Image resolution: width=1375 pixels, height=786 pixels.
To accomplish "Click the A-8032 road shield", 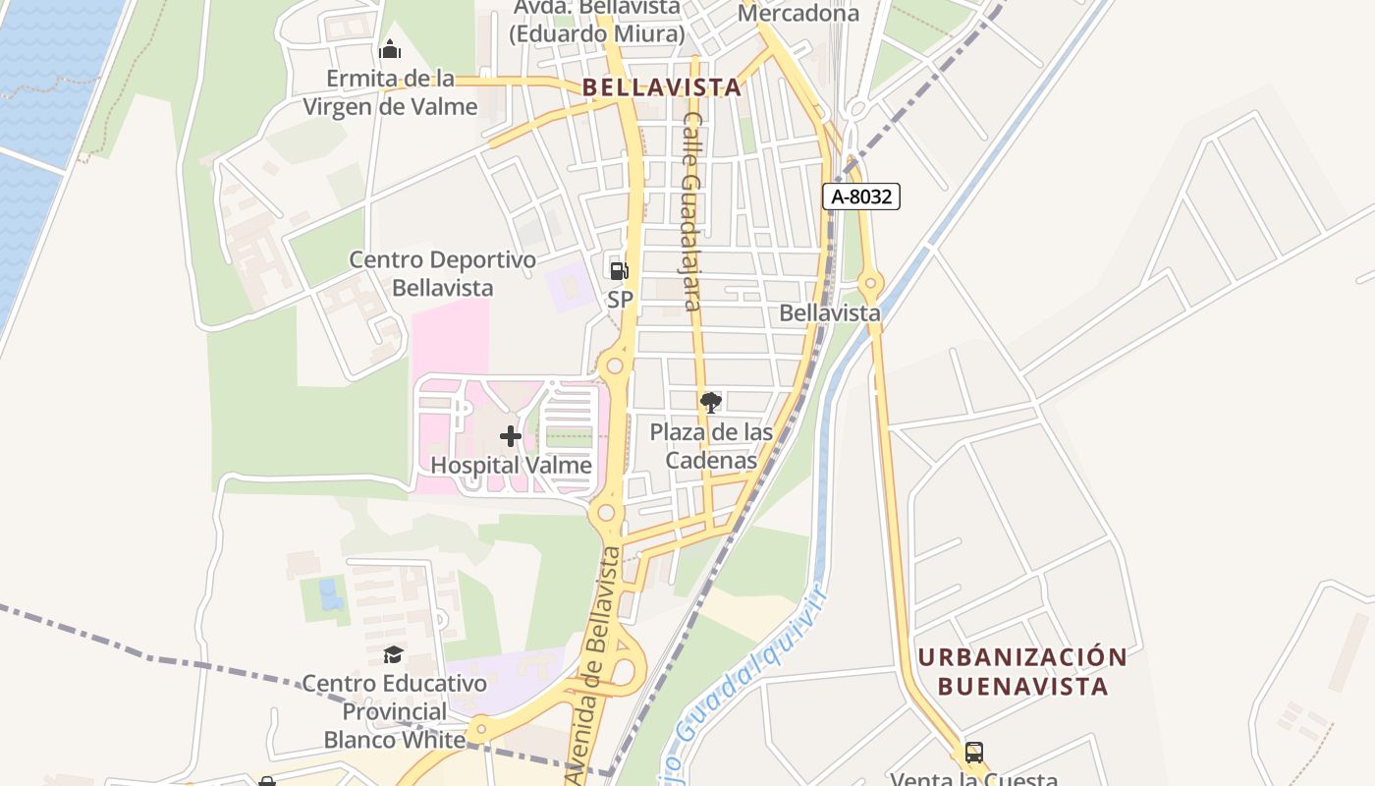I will (x=861, y=196).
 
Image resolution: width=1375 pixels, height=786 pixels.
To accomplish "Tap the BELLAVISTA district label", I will (x=662, y=87).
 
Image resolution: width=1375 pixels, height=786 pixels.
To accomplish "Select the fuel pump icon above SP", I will (x=619, y=270).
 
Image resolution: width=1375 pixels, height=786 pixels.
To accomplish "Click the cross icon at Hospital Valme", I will (x=511, y=435).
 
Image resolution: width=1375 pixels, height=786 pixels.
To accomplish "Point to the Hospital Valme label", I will (x=512, y=465).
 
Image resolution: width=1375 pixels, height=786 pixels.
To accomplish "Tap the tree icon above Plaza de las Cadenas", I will (x=711, y=402).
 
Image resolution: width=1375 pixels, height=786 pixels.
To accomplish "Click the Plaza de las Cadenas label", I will (x=712, y=446).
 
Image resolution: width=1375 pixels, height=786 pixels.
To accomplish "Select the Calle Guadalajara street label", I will (x=692, y=211).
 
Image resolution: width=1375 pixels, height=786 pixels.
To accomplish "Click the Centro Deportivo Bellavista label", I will (x=443, y=274).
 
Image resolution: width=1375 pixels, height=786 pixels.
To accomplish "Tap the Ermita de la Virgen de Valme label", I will (x=390, y=92).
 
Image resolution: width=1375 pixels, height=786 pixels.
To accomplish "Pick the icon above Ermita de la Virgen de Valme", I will (x=390, y=48).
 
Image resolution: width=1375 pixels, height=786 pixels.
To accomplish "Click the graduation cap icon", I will (x=394, y=654).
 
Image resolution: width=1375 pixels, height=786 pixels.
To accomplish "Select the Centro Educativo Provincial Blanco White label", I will (x=394, y=710).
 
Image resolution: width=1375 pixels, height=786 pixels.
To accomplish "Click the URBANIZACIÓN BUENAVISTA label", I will (x=1022, y=671).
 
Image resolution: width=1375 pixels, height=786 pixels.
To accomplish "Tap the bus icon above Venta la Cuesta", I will (x=974, y=753).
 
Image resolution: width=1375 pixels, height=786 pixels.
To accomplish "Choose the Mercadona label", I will (x=798, y=13).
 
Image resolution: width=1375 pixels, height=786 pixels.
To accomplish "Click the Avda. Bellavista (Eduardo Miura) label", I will (x=596, y=21).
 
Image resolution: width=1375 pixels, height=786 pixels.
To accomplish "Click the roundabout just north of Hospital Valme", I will (x=615, y=366).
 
